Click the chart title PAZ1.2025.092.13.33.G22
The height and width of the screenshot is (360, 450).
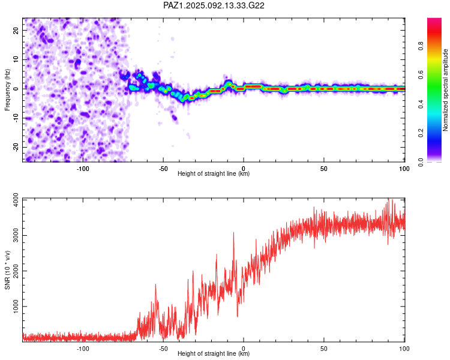click(214, 5)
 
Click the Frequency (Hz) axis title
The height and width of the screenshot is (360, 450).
click(7, 90)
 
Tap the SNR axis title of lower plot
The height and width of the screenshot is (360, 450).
click(7, 270)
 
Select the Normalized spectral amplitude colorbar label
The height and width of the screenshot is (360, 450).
click(445, 90)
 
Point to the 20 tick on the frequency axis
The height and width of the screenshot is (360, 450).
click(16, 30)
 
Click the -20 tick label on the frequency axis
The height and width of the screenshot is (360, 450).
click(16, 147)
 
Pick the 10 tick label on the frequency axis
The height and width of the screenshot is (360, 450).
click(16, 59)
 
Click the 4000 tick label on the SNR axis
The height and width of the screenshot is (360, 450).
click(16, 200)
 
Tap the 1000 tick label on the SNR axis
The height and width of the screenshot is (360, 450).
click(16, 307)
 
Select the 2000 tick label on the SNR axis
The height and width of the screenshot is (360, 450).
click(16, 271)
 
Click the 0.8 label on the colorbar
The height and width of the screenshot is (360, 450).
click(421, 46)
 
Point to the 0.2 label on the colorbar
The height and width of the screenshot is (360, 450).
click(421, 133)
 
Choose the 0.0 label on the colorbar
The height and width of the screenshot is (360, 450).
click(421, 162)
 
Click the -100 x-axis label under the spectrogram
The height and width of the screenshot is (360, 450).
click(83, 169)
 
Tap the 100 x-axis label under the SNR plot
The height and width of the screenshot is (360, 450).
click(404, 349)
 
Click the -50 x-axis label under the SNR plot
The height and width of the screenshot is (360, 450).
click(163, 349)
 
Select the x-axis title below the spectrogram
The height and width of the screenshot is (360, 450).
click(214, 173)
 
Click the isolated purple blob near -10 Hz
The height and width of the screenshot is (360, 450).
click(174, 118)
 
